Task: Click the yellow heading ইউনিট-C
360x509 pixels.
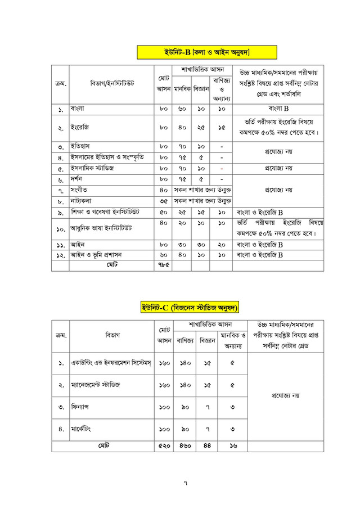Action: (x=191, y=307)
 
